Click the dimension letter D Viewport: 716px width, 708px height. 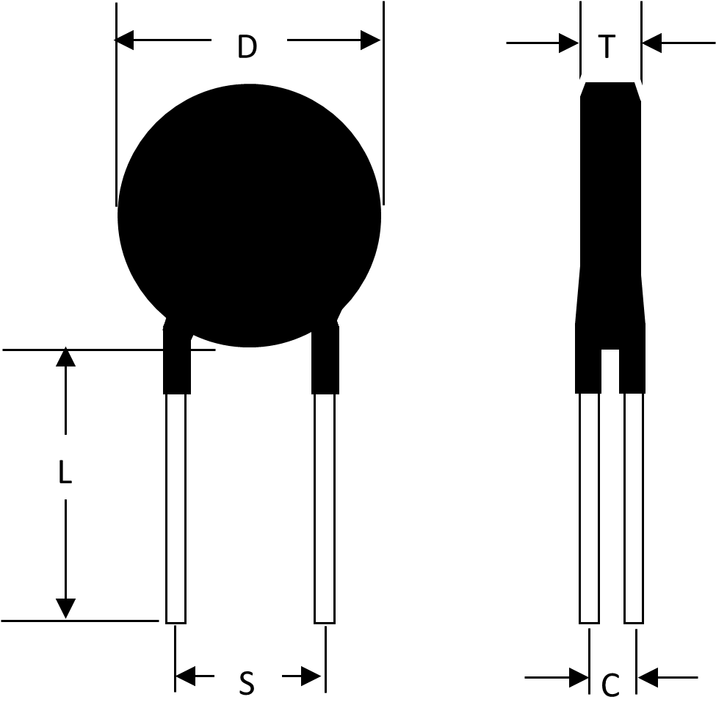click(247, 46)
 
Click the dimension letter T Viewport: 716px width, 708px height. click(607, 46)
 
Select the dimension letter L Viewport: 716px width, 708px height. click(65, 472)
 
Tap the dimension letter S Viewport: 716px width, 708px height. click(247, 683)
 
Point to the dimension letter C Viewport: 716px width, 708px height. click(610, 684)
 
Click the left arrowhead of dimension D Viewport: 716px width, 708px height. click(124, 40)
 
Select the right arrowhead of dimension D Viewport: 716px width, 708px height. click(370, 40)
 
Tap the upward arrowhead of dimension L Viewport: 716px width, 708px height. click(66, 356)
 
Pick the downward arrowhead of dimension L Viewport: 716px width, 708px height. click(66, 608)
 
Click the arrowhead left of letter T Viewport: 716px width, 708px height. click(569, 43)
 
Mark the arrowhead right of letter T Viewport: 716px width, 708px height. click(651, 43)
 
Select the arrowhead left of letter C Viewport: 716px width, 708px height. click(579, 677)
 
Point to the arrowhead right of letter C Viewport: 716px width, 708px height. click(648, 677)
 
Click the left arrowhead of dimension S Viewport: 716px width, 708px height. click(185, 676)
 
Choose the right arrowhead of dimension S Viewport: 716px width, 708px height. click(311, 676)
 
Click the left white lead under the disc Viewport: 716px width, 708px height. click(176, 508)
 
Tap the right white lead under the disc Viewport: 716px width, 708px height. click(325, 508)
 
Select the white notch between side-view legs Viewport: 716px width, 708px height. click(610, 372)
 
